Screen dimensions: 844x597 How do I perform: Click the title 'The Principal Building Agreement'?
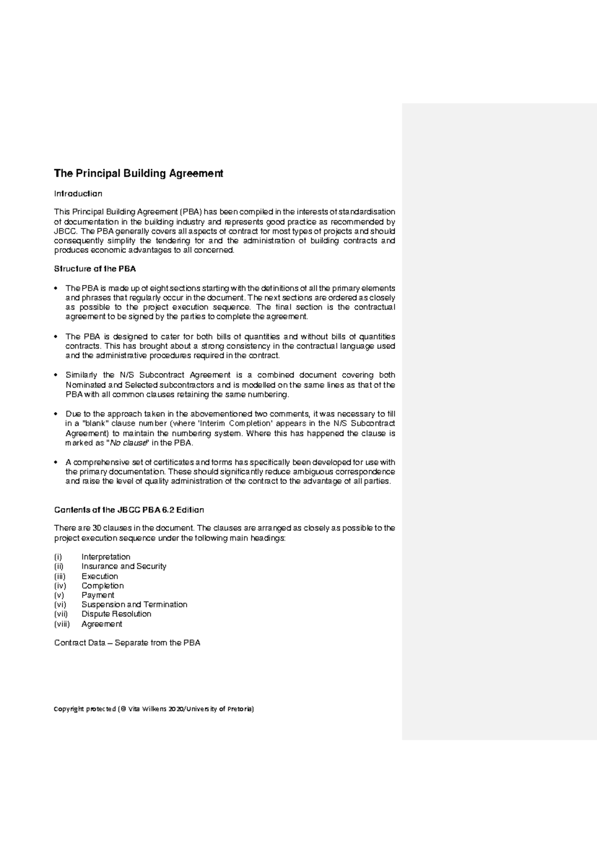pyautogui.click(x=138, y=174)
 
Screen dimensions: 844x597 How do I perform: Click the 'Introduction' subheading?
pyautogui.click(x=78, y=194)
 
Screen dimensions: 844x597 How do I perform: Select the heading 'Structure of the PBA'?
pyautogui.click(x=95, y=269)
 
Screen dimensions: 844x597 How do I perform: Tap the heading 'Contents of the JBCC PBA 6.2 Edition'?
pyautogui.click(x=129, y=510)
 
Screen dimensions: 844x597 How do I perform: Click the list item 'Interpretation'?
pyautogui.click(x=105, y=557)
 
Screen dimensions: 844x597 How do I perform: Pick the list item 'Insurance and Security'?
pyautogui.click(x=123, y=566)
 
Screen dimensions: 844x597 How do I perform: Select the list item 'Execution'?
pyautogui.click(x=99, y=576)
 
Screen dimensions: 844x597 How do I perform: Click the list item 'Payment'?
pyautogui.click(x=98, y=595)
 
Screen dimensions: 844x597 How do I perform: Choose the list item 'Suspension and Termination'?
pyautogui.click(x=134, y=605)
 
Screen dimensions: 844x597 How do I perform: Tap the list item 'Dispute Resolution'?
pyautogui.click(x=116, y=614)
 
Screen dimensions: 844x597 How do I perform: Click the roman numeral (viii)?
pyautogui.click(x=62, y=624)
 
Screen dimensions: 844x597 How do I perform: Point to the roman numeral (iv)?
pyautogui.click(x=60, y=586)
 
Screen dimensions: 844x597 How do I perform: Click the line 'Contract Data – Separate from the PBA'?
pyautogui.click(x=127, y=643)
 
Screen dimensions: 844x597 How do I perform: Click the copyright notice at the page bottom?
pyautogui.click(x=154, y=709)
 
